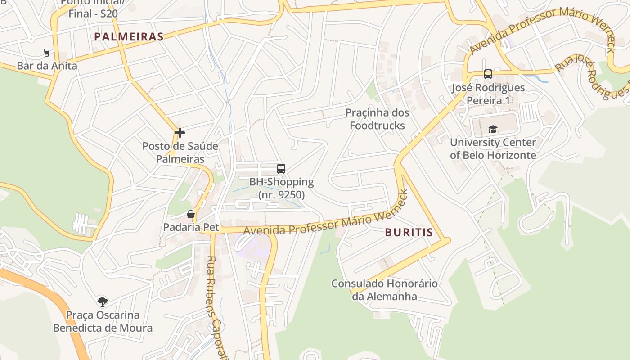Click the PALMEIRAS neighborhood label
(129, 37)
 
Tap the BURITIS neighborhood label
(409, 233)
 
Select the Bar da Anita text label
(47, 66)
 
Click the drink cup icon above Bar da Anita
(46, 53)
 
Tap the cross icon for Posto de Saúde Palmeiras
(180, 133)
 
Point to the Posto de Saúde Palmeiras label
(180, 153)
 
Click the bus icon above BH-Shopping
(281, 169)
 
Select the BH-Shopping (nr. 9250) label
(282, 189)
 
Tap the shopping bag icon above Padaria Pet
(191, 214)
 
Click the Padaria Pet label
(191, 227)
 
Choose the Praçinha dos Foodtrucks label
(377, 119)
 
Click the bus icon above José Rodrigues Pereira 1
(488, 74)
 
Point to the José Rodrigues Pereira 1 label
(488, 94)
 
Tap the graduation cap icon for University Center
(493, 130)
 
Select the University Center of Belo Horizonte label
(493, 149)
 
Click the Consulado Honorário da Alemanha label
(384, 290)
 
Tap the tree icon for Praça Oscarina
(103, 301)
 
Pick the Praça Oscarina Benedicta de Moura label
(103, 321)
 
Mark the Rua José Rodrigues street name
(592, 76)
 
